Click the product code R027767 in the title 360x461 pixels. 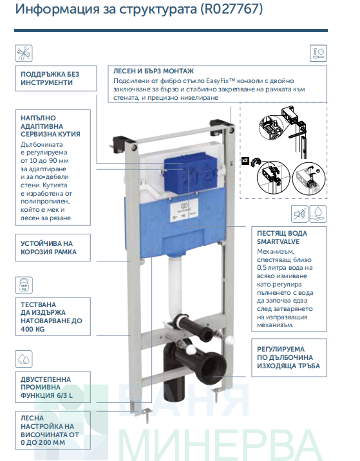pyautogui.click(x=231, y=9)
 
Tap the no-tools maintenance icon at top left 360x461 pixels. pyautogui.click(x=24, y=53)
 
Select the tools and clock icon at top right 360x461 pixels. pyautogui.click(x=318, y=53)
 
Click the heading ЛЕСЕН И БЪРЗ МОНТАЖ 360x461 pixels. pyautogui.click(x=153, y=71)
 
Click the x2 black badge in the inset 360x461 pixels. pyautogui.click(x=245, y=161)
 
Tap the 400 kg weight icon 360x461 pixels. pyautogui.click(x=24, y=285)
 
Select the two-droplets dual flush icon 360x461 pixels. pyautogui.click(x=24, y=359)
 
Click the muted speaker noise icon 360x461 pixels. pyautogui.click(x=299, y=214)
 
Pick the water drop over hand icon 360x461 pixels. pyautogui.click(x=318, y=214)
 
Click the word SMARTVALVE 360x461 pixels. pyautogui.click(x=278, y=241)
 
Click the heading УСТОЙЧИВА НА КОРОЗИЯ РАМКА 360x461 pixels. pyautogui.click(x=48, y=248)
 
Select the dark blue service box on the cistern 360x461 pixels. pyautogui.click(x=190, y=174)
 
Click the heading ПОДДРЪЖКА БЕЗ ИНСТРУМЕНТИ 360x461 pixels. pyautogui.click(x=50, y=79)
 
